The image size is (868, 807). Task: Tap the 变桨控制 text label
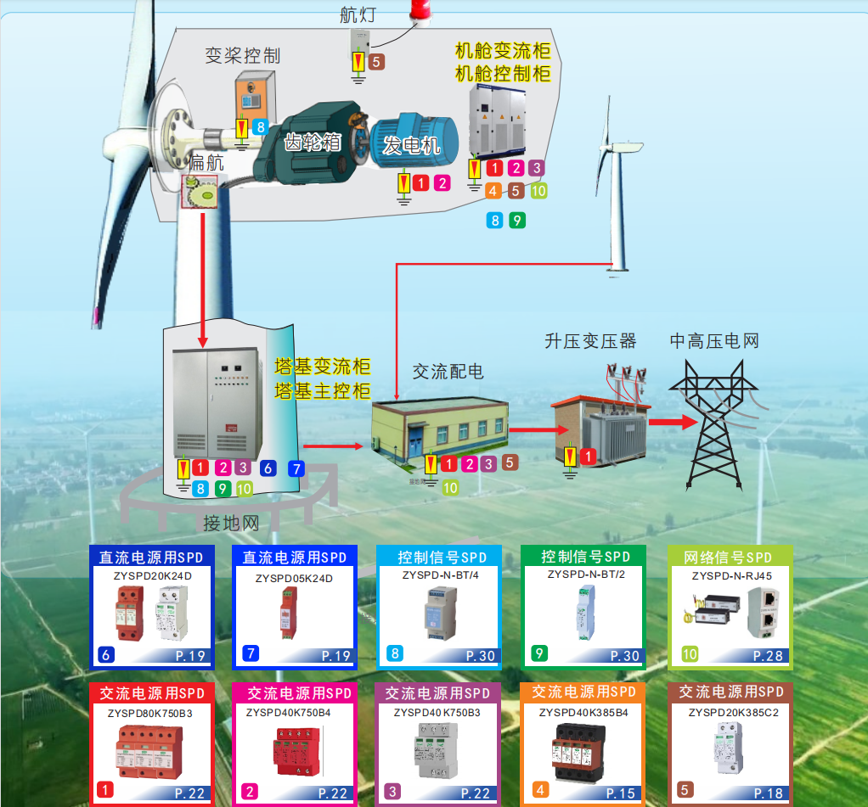(243, 56)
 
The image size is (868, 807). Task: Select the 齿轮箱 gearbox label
(312, 142)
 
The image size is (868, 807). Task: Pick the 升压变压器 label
(590, 341)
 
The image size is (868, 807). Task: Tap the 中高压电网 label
(714, 341)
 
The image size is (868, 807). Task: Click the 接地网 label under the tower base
(231, 524)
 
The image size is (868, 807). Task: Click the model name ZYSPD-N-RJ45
(731, 575)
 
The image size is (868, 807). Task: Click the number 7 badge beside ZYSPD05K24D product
(250, 653)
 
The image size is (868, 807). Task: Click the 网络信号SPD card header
(729, 558)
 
